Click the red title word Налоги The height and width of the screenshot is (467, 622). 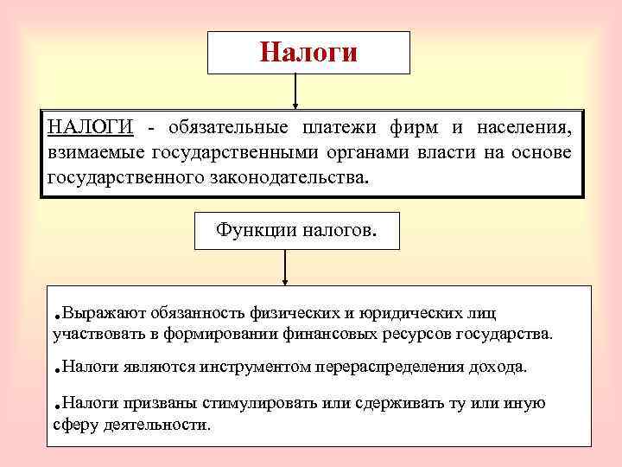click(308, 53)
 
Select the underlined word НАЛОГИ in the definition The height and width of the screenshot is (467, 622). click(90, 129)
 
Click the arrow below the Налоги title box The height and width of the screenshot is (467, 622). click(296, 91)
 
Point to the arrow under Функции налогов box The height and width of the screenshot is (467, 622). click(284, 268)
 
